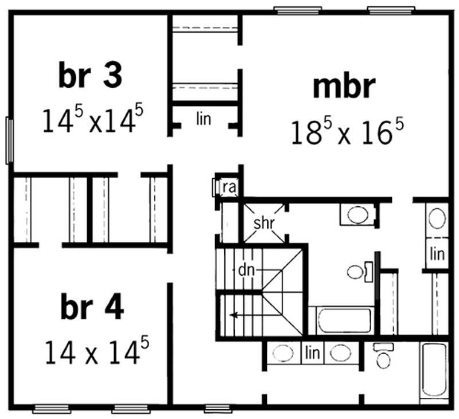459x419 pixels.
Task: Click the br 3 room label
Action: click(x=90, y=76)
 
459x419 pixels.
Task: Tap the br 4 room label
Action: click(x=91, y=309)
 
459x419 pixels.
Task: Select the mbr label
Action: click(x=344, y=87)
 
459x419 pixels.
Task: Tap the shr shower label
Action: click(x=264, y=224)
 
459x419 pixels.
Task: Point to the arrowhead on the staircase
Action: click(x=231, y=314)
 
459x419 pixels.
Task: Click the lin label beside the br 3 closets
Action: click(x=204, y=119)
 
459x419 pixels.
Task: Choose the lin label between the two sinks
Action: click(x=313, y=351)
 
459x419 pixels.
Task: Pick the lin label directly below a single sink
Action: click(x=437, y=253)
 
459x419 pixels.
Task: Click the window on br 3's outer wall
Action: click(x=9, y=140)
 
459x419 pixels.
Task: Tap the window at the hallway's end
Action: click(x=218, y=409)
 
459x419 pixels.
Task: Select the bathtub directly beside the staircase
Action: click(x=341, y=320)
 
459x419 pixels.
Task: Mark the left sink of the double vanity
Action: click(x=283, y=353)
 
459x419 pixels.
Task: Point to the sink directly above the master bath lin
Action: click(x=437, y=218)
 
